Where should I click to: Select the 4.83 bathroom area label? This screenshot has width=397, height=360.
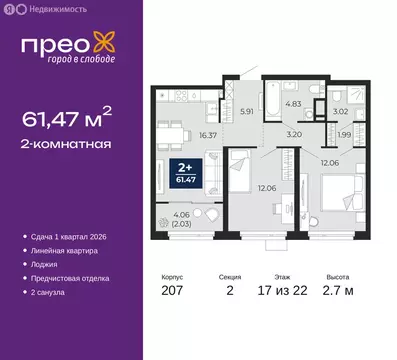[281, 103]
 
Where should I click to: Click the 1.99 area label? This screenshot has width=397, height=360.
[343, 135]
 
